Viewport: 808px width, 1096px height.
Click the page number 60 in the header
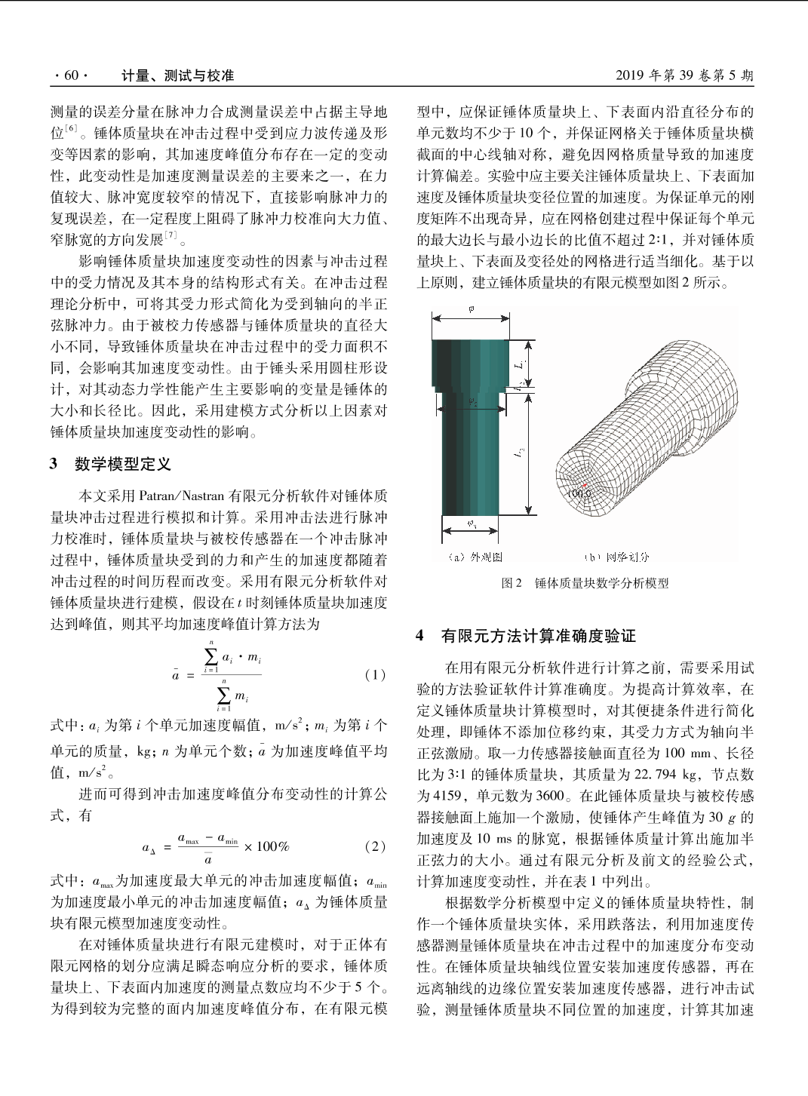click(x=71, y=75)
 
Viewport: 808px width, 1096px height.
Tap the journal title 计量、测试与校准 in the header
click(x=178, y=75)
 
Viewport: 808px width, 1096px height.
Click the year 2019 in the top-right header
click(x=630, y=75)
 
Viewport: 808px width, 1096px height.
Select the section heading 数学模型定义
click(x=122, y=464)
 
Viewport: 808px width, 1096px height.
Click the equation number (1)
click(x=374, y=675)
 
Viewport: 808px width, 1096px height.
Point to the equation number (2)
click(x=374, y=846)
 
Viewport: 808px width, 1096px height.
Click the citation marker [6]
click(x=71, y=129)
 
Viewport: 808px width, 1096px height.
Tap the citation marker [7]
click(x=171, y=236)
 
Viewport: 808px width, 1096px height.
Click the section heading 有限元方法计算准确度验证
click(x=538, y=636)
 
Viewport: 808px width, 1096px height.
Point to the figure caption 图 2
click(x=512, y=583)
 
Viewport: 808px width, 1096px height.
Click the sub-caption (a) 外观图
click(x=475, y=557)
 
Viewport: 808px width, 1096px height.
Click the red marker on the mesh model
click(x=585, y=485)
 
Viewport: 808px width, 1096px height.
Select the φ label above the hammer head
click(x=472, y=309)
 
